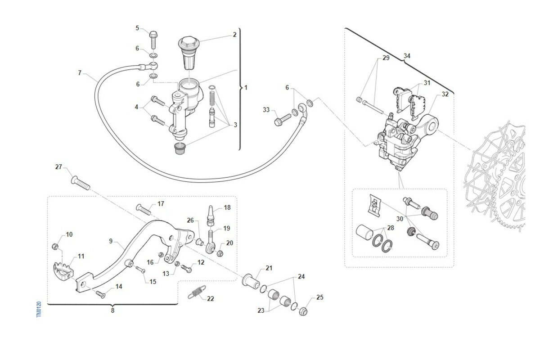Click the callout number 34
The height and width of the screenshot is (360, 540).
(x=407, y=56)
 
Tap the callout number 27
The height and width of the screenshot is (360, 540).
(x=58, y=167)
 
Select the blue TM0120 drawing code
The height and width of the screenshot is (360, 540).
(x=39, y=309)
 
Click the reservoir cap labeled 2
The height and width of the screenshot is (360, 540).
(x=189, y=53)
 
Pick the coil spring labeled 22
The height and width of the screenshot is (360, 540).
(x=197, y=292)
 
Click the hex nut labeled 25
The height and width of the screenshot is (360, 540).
(x=303, y=311)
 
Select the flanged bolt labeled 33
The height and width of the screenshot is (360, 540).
(x=283, y=120)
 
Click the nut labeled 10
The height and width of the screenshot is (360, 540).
(x=55, y=247)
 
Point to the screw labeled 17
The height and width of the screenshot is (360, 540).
(x=144, y=210)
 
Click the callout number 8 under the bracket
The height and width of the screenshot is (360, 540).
(x=112, y=310)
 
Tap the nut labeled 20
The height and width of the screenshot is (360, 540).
(x=220, y=253)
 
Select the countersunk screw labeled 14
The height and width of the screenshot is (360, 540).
(x=100, y=294)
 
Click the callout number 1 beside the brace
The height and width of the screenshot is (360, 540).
(x=246, y=88)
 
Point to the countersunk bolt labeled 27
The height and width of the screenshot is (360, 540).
(x=81, y=183)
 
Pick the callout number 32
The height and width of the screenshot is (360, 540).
(x=445, y=94)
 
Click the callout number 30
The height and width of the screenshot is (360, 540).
(x=400, y=219)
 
